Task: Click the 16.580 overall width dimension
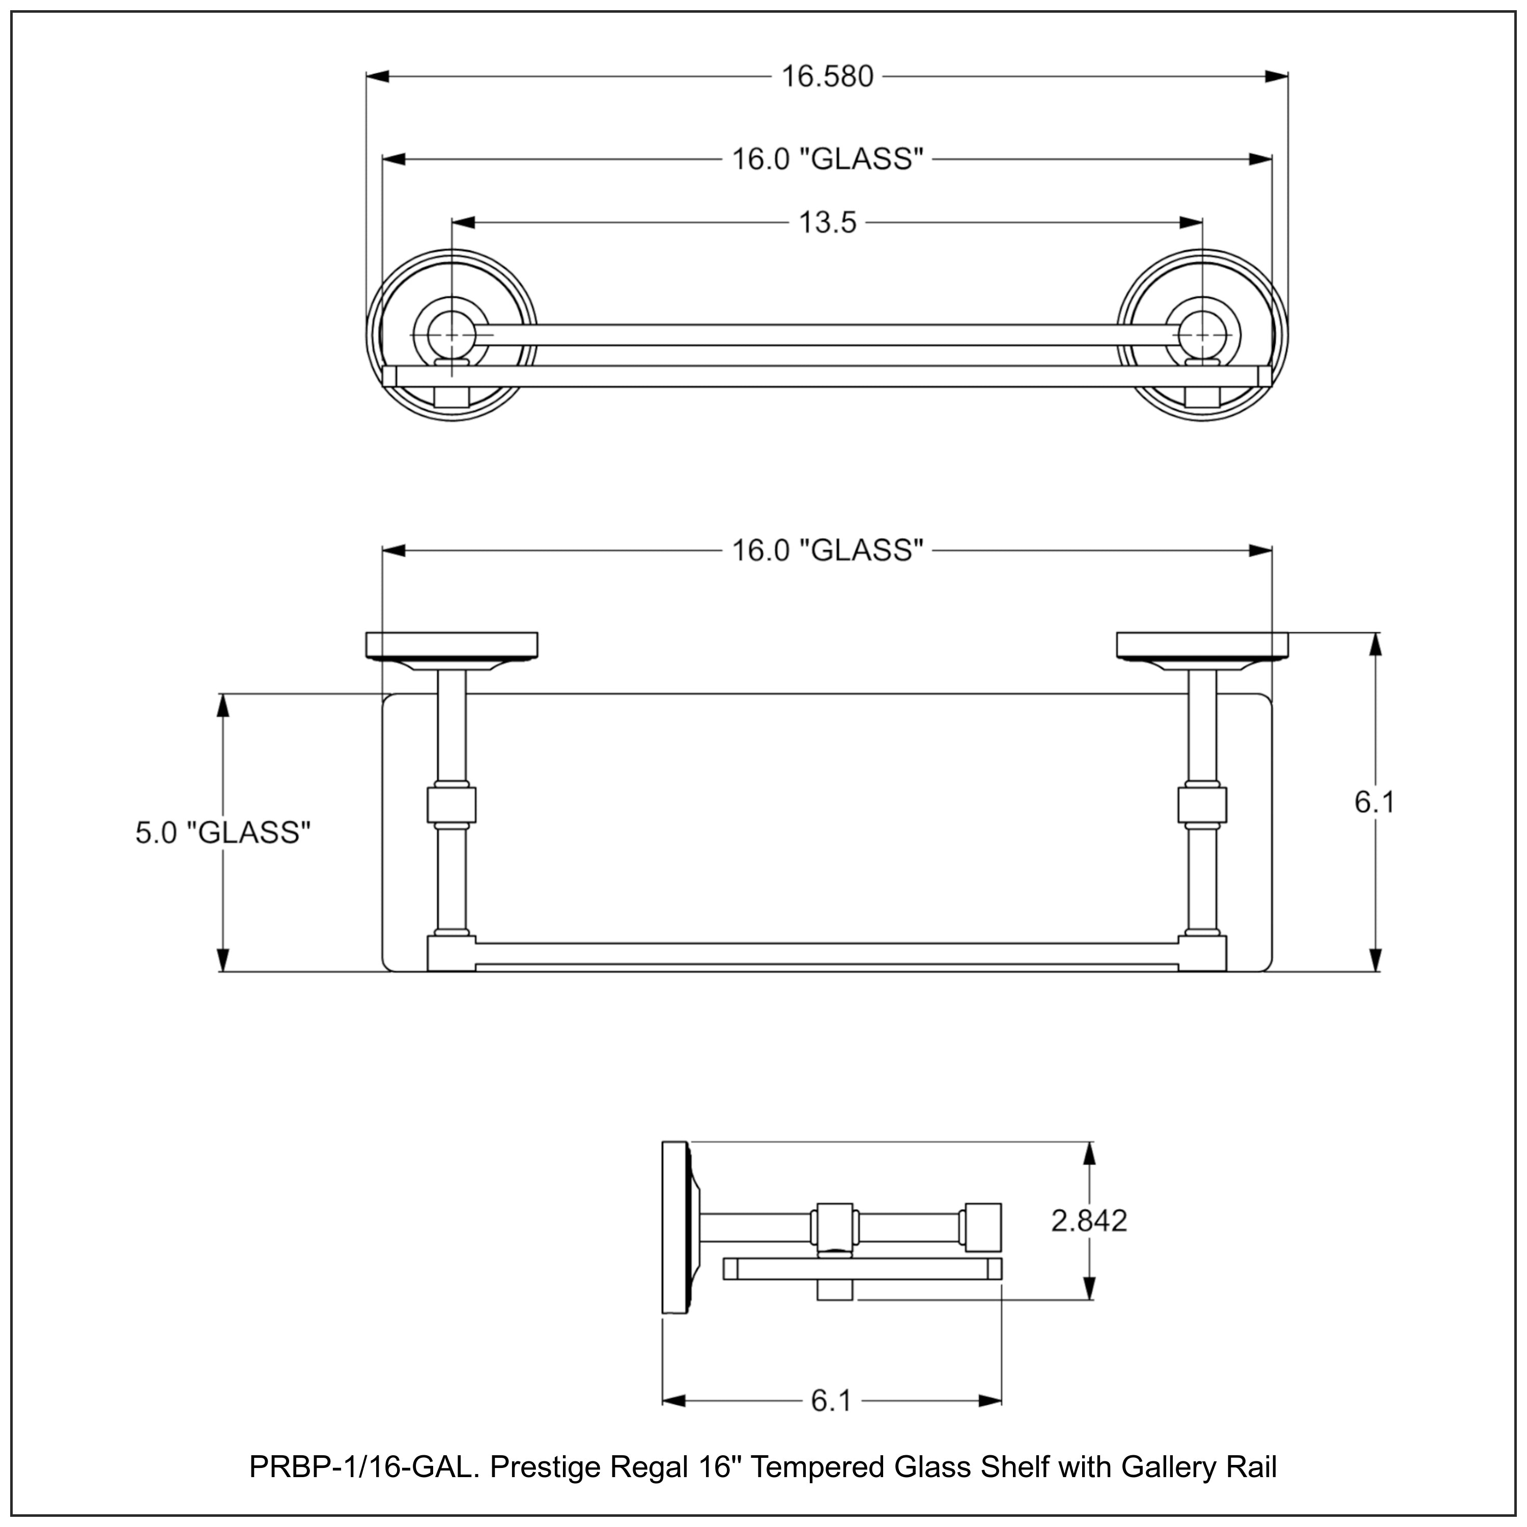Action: point(827,77)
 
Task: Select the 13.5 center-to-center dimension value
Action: point(827,223)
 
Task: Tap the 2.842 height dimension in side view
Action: point(1088,1221)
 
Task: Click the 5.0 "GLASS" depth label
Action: point(223,832)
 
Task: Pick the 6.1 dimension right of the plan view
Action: point(1374,802)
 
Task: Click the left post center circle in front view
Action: point(451,335)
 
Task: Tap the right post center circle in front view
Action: point(1202,335)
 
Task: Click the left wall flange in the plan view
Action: point(451,645)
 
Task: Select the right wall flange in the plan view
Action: point(1202,645)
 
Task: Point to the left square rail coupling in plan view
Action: point(451,805)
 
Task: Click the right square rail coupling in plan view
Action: point(1202,805)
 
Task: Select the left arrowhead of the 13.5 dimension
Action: point(463,223)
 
